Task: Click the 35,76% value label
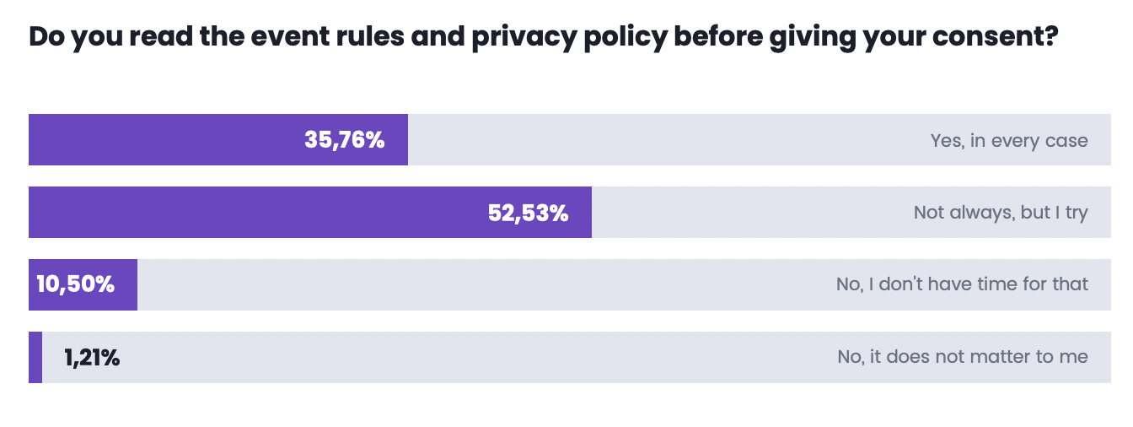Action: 344,140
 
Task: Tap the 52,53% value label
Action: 528,213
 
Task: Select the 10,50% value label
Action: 75,284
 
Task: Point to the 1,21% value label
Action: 92,358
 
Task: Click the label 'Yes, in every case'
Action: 1009,140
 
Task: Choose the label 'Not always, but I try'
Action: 1001,213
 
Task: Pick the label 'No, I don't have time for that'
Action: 962,284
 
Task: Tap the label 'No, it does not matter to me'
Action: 963,357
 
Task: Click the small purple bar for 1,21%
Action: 35,357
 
